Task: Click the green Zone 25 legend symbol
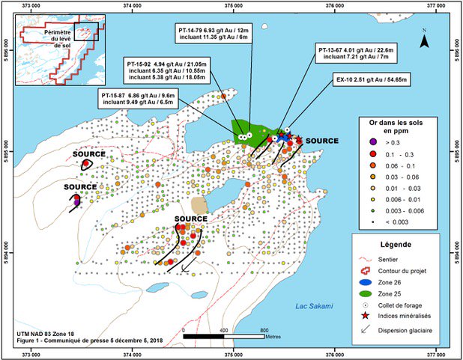coord(372,294)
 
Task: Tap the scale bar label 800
coord(264,329)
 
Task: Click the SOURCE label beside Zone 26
coord(322,141)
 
